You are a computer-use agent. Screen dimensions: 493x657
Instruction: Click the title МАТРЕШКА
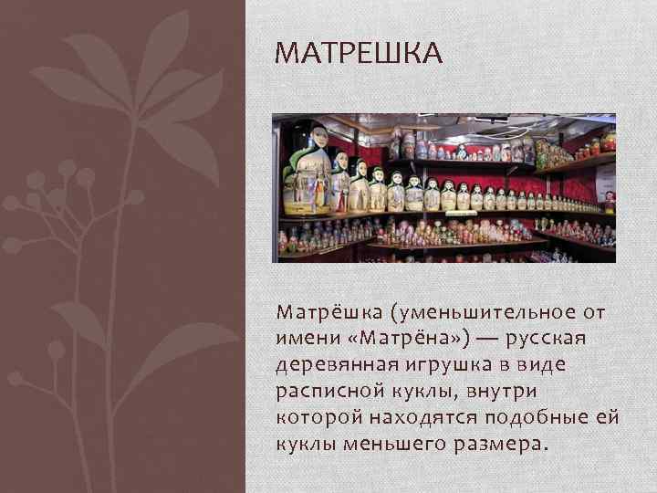(358, 54)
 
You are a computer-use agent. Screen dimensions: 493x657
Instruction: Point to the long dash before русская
(485, 339)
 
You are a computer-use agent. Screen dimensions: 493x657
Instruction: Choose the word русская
(547, 339)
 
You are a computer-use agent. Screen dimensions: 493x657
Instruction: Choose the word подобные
(536, 417)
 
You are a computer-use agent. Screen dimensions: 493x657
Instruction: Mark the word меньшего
(401, 444)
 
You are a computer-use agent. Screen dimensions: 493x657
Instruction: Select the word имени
(300, 339)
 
